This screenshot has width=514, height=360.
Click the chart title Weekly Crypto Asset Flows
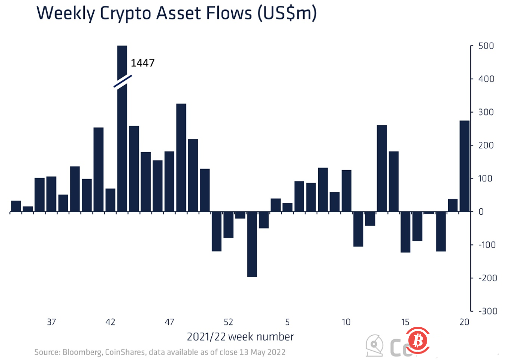(176, 13)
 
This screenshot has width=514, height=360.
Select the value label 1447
(143, 63)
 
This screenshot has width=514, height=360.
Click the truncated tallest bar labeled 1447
(122, 149)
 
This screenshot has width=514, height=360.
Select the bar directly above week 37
(51, 194)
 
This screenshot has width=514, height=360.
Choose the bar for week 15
(405, 232)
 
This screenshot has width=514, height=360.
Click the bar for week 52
(228, 225)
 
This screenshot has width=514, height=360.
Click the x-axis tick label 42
(110, 322)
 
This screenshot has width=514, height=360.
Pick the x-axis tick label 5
(287, 322)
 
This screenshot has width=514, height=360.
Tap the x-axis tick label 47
(169, 322)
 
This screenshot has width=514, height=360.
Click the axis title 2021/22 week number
(240, 337)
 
